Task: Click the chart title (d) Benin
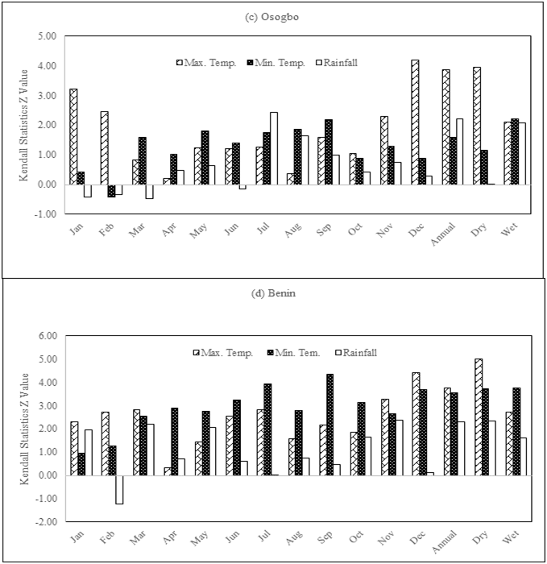click(274, 293)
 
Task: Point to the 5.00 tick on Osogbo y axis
click(44, 36)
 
